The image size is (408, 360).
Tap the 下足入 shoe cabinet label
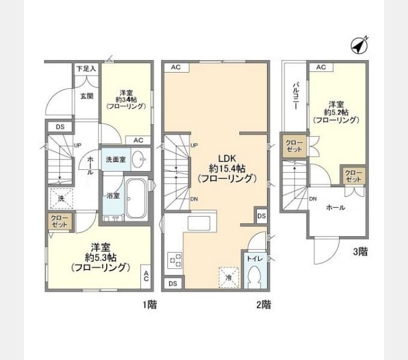pos(86,69)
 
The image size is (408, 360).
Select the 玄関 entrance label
pos(86,95)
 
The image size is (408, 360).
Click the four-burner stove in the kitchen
pos(175,260)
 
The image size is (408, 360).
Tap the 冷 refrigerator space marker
pos(229,277)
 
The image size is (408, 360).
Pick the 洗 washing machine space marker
pos(60,198)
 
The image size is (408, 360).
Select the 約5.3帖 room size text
pos(99,257)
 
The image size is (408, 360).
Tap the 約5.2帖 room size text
pos(336,112)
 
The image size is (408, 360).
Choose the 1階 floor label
pos(149,305)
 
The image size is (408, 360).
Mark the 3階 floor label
pos(359,252)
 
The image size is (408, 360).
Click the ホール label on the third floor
pos(335,208)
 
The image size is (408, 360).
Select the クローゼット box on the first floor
pos(59,221)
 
